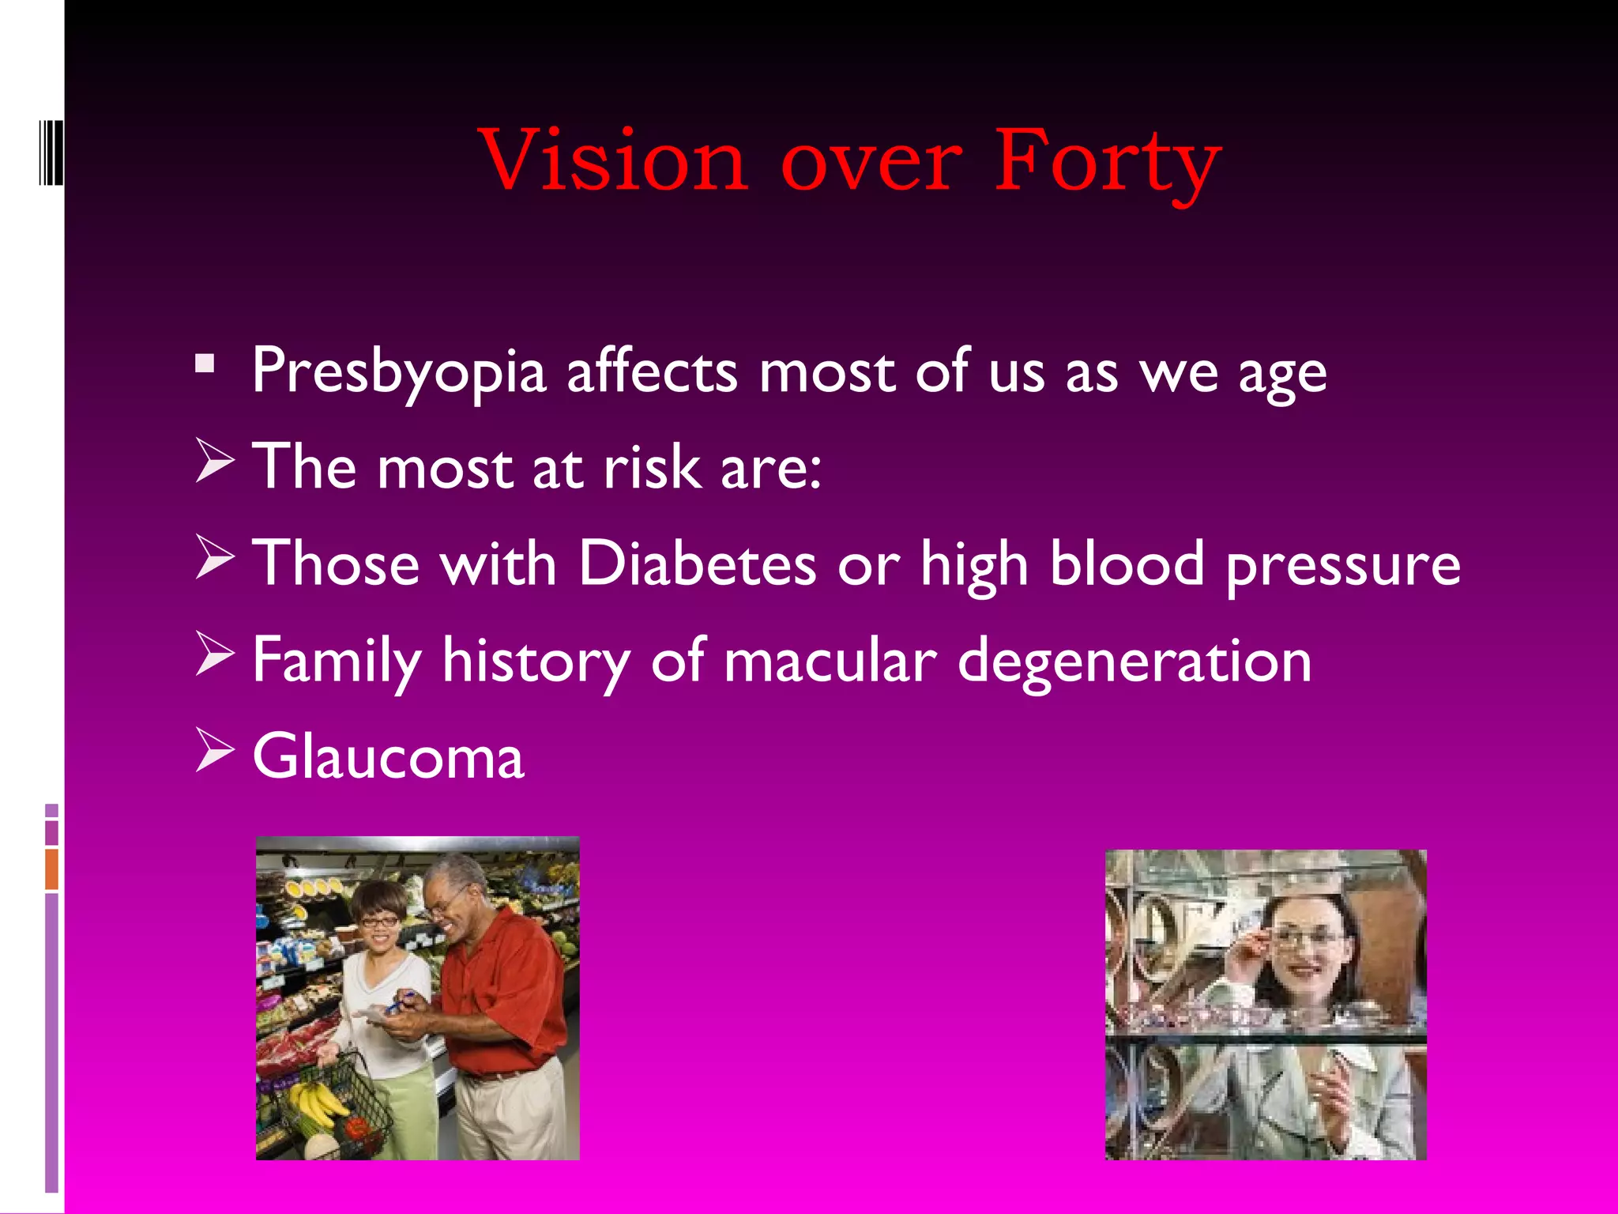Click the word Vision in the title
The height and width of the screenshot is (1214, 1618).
(614, 161)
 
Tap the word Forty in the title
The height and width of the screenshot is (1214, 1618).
(1107, 163)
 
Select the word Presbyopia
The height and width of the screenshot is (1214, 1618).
(399, 371)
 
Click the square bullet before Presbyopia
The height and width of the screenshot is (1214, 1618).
(205, 364)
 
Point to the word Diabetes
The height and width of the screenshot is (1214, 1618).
(697, 564)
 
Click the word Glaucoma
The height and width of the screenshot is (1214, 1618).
(388, 756)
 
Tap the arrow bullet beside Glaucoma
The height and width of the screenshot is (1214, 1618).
(214, 750)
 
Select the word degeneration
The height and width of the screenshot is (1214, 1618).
(1134, 661)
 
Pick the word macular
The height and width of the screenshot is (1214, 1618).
(830, 661)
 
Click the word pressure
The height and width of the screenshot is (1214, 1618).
(1342, 566)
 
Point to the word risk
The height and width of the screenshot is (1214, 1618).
(652, 468)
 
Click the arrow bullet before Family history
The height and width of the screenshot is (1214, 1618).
(214, 654)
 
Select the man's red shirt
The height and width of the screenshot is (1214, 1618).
(506, 988)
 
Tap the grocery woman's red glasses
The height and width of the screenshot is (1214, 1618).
(378, 922)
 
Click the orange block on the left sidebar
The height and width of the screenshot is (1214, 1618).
(51, 869)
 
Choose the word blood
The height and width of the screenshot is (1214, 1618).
(1127, 564)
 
